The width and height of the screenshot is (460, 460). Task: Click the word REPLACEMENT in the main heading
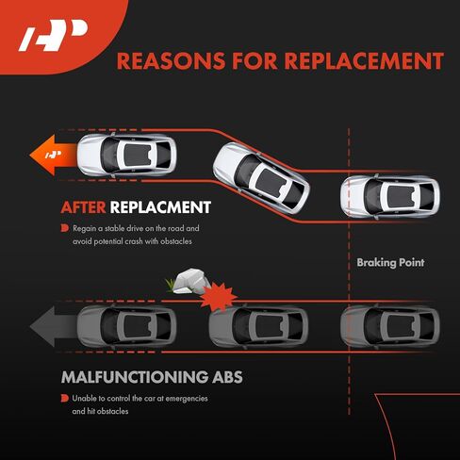click(x=364, y=61)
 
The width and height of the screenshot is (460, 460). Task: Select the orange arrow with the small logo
click(x=53, y=155)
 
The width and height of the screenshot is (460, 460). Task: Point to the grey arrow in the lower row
click(x=54, y=326)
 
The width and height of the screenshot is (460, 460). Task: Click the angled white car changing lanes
click(x=261, y=178)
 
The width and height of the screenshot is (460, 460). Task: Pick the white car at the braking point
click(x=390, y=197)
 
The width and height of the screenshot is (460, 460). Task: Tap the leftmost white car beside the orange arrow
click(x=126, y=155)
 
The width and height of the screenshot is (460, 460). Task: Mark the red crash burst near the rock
click(x=218, y=296)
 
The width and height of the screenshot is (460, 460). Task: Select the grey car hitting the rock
click(x=258, y=326)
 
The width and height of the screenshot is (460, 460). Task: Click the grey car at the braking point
click(x=390, y=326)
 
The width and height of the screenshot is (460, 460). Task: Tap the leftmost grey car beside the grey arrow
click(x=126, y=326)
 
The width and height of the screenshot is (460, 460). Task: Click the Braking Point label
click(x=390, y=262)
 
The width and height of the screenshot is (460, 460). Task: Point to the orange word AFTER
click(x=83, y=207)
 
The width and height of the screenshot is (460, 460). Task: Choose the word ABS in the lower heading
click(x=227, y=377)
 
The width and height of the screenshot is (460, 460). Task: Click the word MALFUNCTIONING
click(x=135, y=377)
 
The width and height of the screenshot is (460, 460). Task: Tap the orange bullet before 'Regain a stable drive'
click(x=65, y=228)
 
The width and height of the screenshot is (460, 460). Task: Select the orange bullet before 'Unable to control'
click(x=65, y=398)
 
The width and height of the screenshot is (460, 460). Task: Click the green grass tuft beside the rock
click(x=170, y=286)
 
